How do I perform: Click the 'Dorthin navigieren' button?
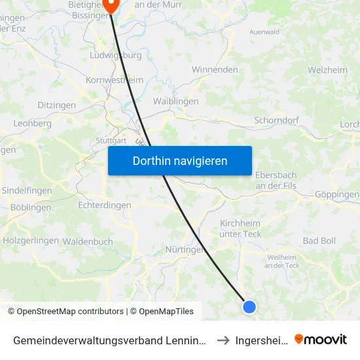[180, 160]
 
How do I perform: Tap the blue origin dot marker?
[249, 306]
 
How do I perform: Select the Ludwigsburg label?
[115, 56]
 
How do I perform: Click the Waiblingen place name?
[175, 101]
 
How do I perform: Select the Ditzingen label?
[56, 105]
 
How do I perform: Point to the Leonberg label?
[32, 123]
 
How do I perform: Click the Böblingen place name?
[30, 207]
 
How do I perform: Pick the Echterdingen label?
[104, 205]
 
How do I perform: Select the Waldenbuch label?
[88, 241]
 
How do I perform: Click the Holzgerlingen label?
[31, 240]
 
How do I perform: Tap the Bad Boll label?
[319, 241]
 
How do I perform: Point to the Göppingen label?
[336, 194]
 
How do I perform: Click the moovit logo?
[320, 339]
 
